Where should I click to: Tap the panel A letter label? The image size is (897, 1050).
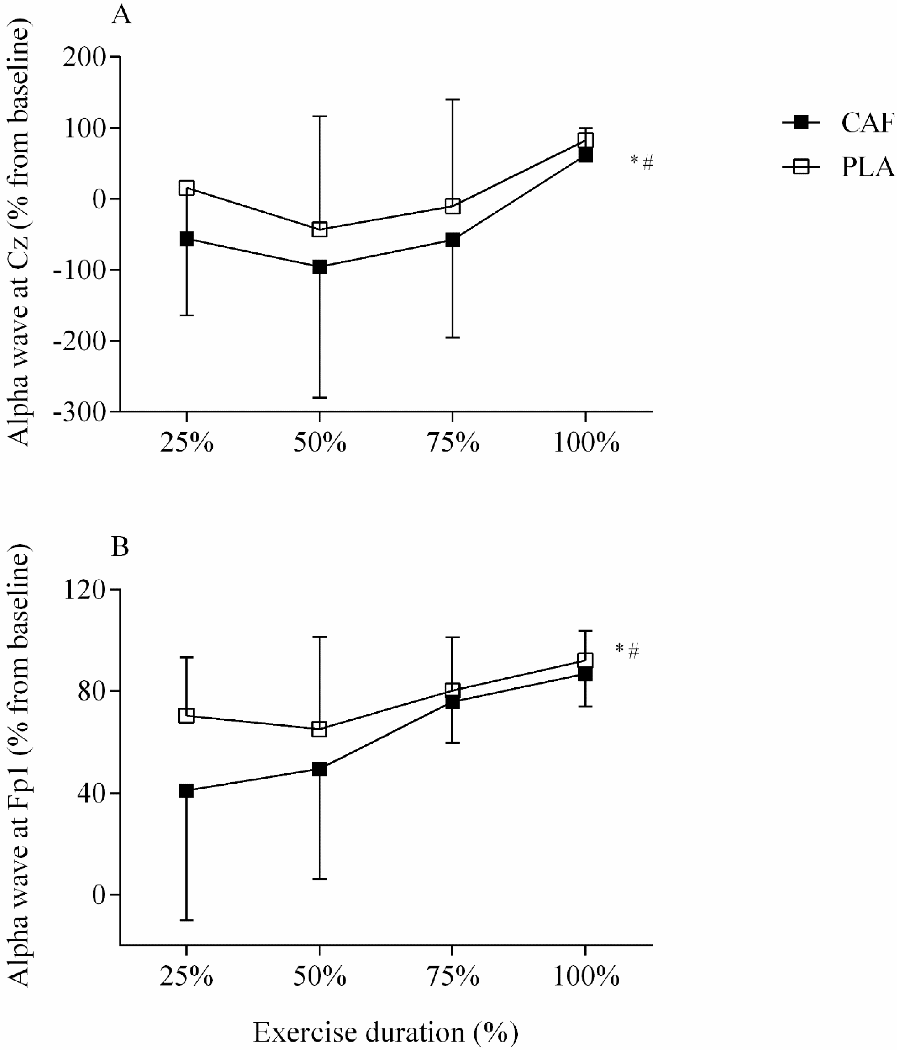(x=121, y=15)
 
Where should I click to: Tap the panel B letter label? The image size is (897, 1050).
(x=120, y=547)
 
